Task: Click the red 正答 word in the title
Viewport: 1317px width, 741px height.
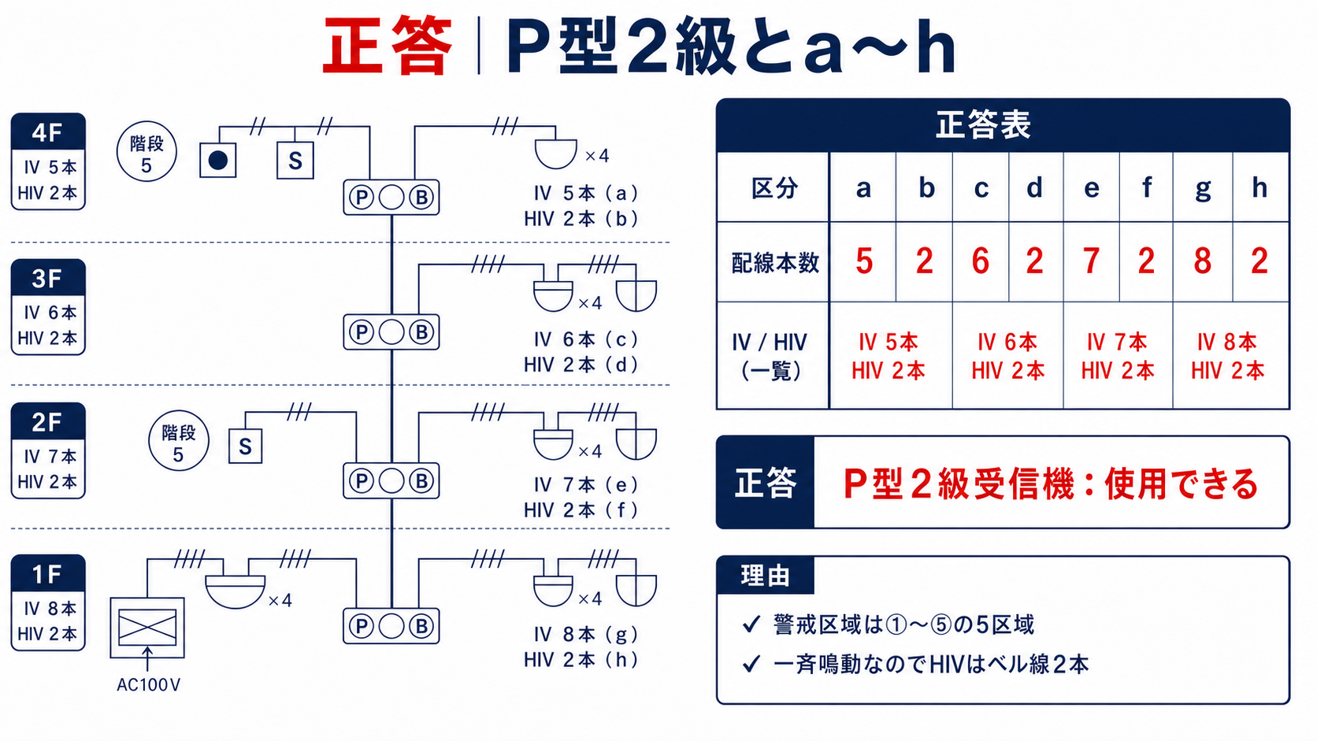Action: pyautogui.click(x=388, y=46)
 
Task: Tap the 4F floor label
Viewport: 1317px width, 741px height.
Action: pyautogui.click(x=47, y=132)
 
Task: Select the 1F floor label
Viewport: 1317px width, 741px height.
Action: pyautogui.click(x=47, y=573)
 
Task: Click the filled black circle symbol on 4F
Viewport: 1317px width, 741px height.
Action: pyautogui.click(x=217, y=160)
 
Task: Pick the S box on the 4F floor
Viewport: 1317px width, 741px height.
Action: pyautogui.click(x=295, y=160)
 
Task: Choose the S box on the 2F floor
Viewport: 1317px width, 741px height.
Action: pyautogui.click(x=245, y=446)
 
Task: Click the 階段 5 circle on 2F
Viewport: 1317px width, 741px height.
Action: pyautogui.click(x=178, y=441)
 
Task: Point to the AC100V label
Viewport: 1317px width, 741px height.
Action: pyautogui.click(x=148, y=685)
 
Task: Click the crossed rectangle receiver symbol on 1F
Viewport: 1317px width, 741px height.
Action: pyautogui.click(x=147, y=628)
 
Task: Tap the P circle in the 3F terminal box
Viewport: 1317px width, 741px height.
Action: pyautogui.click(x=361, y=332)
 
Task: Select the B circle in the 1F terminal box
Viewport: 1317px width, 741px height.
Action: pyautogui.click(x=421, y=626)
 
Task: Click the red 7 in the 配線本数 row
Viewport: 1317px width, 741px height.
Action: pyautogui.click(x=1091, y=261)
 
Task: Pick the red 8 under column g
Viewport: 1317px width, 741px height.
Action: pyautogui.click(x=1202, y=261)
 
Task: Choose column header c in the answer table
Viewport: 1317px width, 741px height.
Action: pyautogui.click(x=981, y=189)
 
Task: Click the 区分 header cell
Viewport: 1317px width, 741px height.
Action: pyautogui.click(x=774, y=188)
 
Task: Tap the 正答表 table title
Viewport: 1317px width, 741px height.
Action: pyautogui.click(x=983, y=125)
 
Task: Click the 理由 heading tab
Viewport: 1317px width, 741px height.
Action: pyautogui.click(x=765, y=576)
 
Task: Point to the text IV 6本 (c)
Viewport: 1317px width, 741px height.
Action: pyautogui.click(x=585, y=339)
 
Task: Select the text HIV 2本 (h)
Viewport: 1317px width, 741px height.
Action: pyautogui.click(x=581, y=660)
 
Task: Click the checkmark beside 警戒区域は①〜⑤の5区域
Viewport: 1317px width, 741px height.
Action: pyautogui.click(x=751, y=624)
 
